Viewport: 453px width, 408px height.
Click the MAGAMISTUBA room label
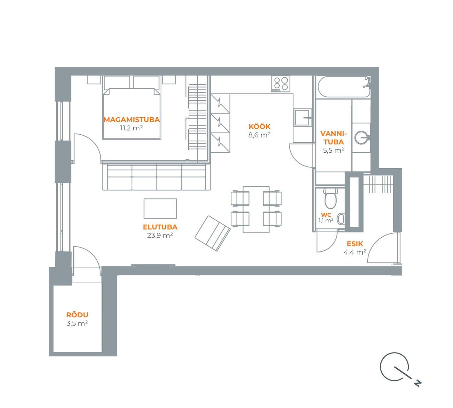tap(132, 120)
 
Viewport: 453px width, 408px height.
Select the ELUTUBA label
tap(160, 227)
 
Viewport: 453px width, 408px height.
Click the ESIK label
tap(355, 244)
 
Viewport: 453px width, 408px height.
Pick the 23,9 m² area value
tap(160, 236)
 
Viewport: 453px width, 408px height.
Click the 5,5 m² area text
tap(333, 150)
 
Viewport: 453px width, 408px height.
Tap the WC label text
tap(326, 215)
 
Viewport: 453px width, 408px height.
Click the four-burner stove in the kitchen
tap(281, 84)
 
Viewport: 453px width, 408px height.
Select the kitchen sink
tap(303, 118)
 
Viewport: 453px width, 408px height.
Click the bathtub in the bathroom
tap(344, 87)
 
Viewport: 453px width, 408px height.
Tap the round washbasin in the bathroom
tap(362, 137)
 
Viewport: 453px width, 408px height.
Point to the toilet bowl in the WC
tap(331, 198)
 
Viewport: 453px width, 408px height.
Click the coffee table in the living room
tap(160, 208)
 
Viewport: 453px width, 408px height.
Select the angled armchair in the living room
tap(213, 233)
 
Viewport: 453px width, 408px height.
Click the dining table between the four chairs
tap(256, 209)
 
